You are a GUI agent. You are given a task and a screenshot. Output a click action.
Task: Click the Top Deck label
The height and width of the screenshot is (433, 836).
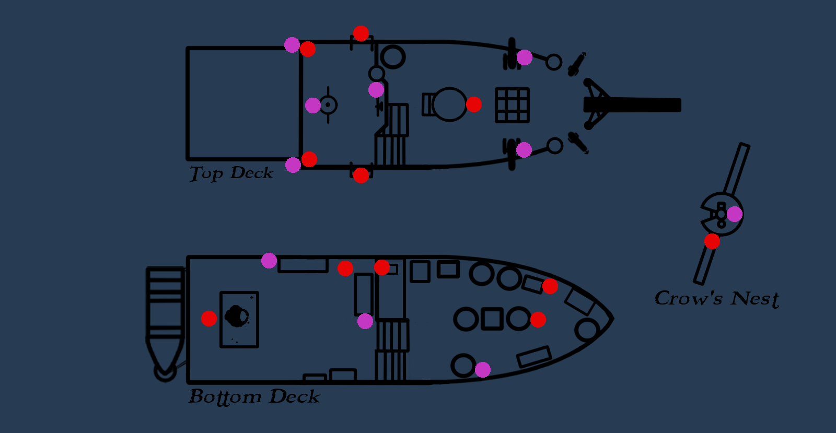(231, 173)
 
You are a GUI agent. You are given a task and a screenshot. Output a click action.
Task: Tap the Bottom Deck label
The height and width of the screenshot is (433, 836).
(254, 397)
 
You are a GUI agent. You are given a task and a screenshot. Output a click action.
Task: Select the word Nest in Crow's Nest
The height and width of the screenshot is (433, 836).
(754, 299)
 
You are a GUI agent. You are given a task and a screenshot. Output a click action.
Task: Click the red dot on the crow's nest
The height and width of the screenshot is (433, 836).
(712, 241)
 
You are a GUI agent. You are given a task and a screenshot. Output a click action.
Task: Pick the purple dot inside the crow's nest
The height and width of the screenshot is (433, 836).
(735, 214)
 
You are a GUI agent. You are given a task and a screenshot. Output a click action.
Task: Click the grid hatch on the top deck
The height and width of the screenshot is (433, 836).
(512, 105)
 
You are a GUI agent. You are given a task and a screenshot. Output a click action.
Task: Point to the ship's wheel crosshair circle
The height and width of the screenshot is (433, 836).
(328, 105)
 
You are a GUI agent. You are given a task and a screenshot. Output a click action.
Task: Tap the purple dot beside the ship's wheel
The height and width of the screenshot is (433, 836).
(313, 106)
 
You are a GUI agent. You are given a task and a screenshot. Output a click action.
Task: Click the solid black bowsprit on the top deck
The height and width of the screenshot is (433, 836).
(632, 105)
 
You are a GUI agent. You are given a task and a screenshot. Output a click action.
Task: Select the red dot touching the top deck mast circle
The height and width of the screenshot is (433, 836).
(474, 104)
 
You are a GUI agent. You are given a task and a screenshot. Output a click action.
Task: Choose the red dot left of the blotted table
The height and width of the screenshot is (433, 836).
(209, 319)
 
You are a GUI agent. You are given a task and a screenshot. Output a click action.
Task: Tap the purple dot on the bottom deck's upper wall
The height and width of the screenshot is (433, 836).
(269, 260)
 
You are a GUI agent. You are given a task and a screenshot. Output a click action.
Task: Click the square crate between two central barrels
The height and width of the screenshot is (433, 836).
(492, 319)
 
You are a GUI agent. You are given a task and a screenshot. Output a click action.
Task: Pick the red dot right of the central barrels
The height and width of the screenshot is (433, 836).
(538, 320)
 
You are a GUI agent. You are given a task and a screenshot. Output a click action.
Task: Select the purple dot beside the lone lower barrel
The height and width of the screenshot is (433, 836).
(483, 370)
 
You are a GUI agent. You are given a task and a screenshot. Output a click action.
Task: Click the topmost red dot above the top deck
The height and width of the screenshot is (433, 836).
(361, 33)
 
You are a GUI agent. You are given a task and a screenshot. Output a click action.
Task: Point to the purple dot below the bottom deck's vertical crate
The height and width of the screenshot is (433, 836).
(365, 321)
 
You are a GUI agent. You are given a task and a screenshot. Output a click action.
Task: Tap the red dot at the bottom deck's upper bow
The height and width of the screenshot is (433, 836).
(550, 286)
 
